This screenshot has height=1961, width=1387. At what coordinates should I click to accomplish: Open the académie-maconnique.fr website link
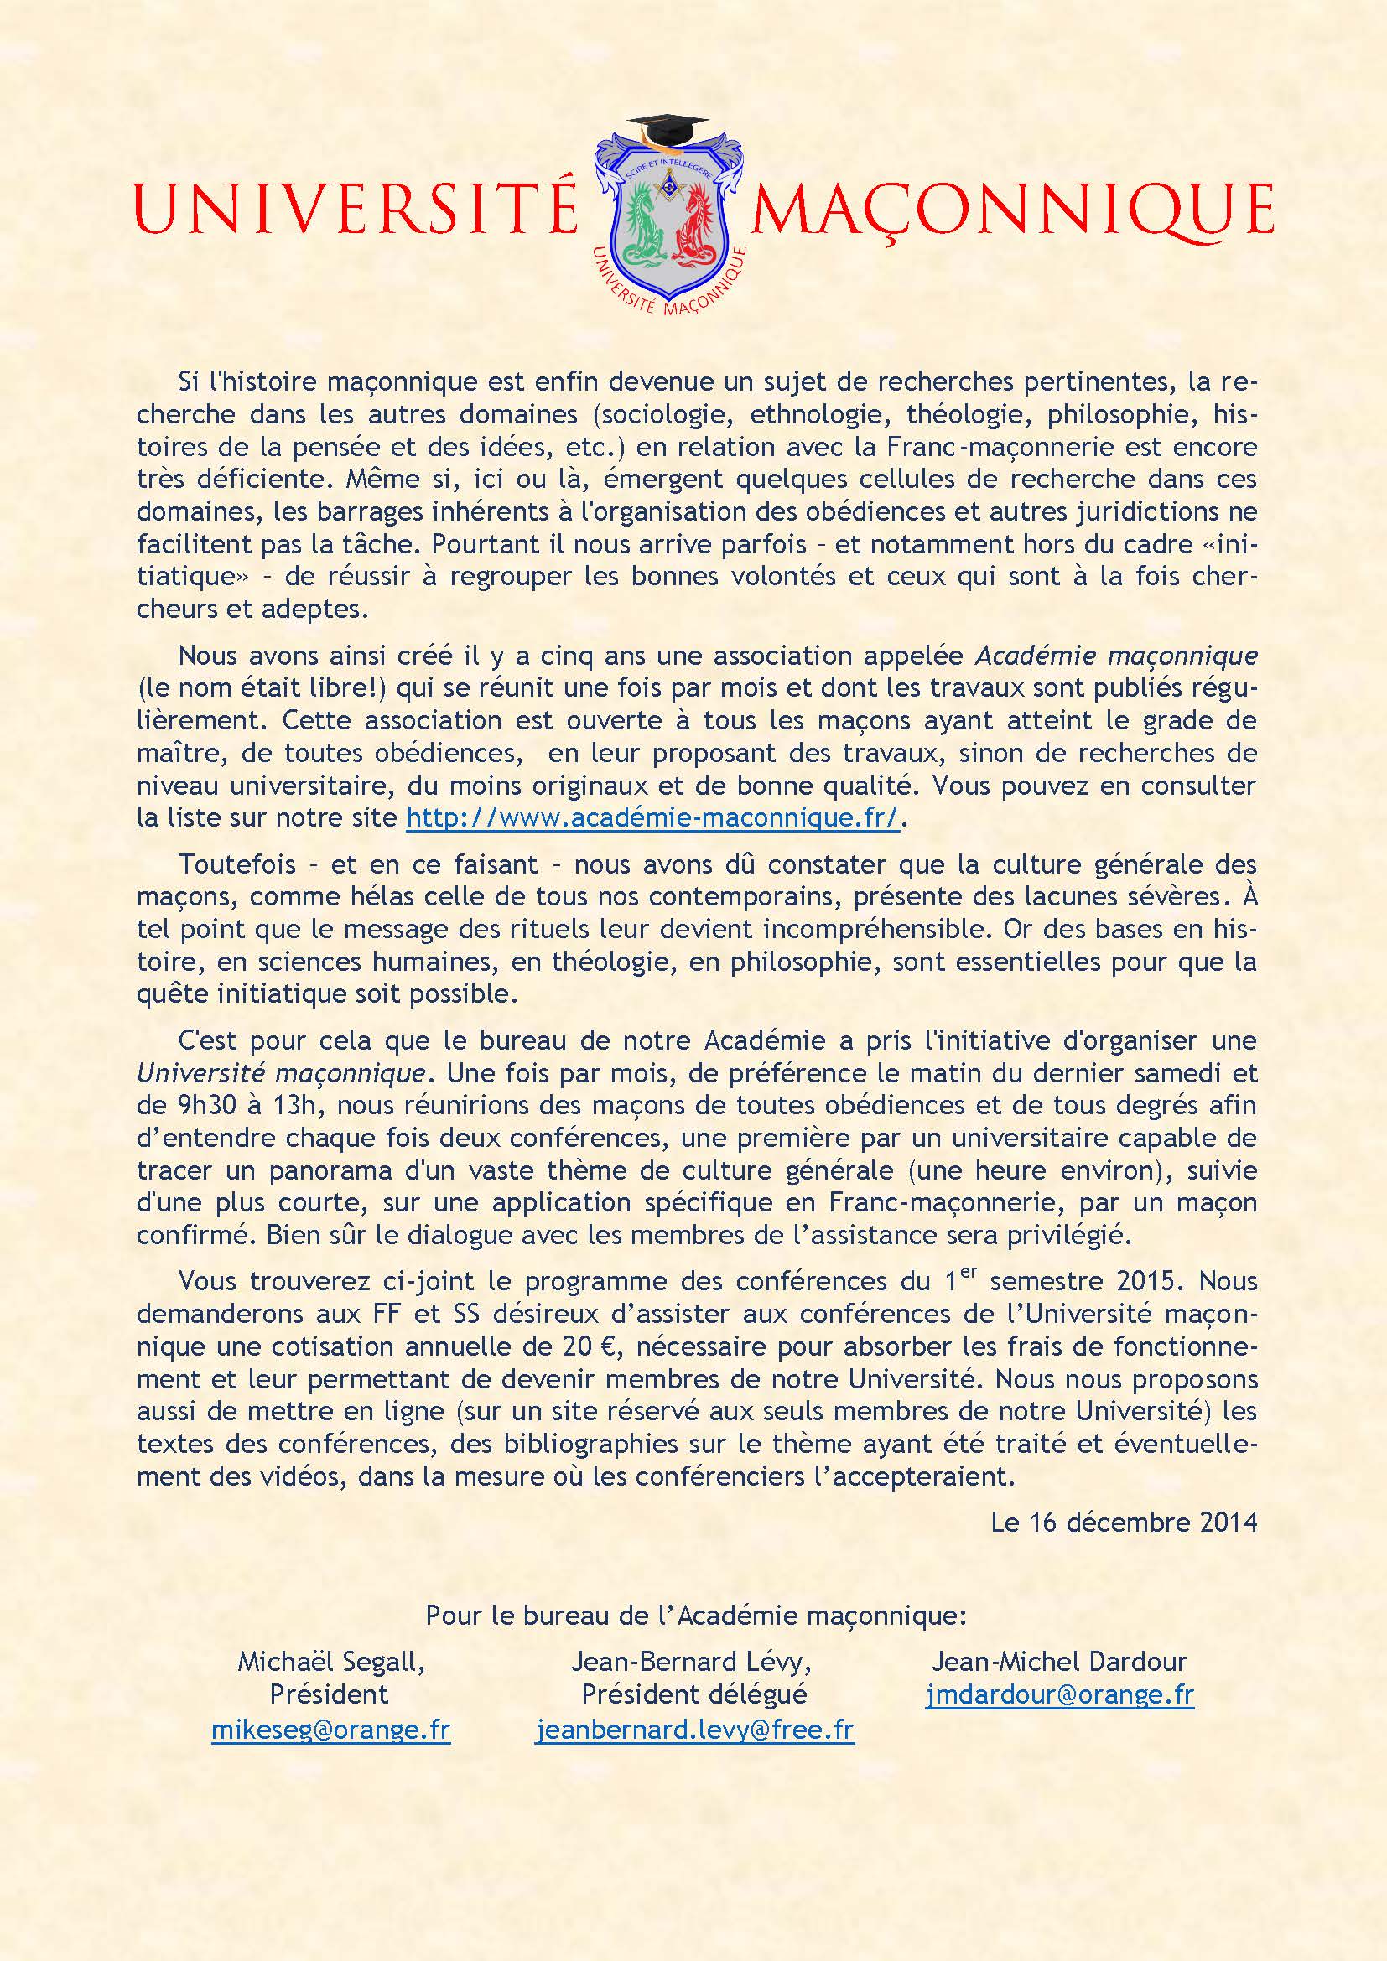pos(652,817)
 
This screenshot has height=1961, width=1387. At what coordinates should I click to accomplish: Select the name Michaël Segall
pos(330,1662)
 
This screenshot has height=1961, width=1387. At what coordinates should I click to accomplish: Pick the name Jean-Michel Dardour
pos(1059,1662)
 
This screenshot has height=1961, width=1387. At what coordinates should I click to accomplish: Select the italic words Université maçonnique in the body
pos(281,1072)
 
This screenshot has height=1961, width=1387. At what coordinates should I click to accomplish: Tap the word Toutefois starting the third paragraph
pos(236,864)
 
